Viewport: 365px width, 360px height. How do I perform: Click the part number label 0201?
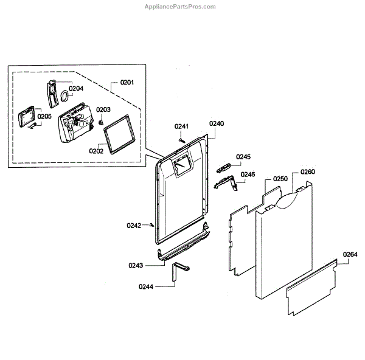point(127,83)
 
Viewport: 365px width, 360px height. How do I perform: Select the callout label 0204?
point(76,89)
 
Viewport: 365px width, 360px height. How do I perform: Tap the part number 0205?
point(44,117)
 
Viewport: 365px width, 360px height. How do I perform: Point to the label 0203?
point(103,110)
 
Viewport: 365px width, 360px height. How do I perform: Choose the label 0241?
point(182,126)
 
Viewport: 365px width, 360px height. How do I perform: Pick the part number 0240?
point(217,123)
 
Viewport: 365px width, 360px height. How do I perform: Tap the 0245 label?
point(243,157)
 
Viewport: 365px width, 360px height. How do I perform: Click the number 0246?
point(248,175)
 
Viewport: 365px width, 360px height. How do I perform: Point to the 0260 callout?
point(308,172)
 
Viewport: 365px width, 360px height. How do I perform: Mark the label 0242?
point(134,226)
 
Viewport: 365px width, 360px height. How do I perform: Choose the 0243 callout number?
point(136,265)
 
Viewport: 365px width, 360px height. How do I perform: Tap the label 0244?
point(146,286)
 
